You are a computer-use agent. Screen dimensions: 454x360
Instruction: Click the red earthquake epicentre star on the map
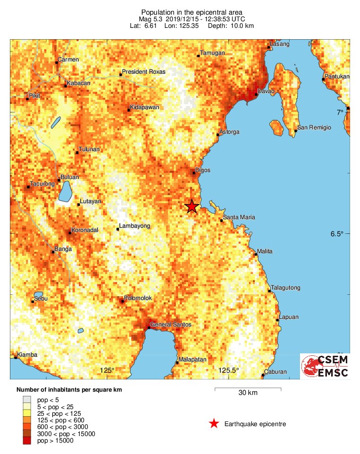191,206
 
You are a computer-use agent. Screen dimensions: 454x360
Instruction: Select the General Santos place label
171,325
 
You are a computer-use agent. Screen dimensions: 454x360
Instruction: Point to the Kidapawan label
145,107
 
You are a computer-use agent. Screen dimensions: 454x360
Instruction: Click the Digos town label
203,170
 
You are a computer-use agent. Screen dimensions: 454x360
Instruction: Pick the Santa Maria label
239,217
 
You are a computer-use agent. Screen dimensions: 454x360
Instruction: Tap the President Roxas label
144,72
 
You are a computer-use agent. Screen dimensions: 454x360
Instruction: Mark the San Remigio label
314,128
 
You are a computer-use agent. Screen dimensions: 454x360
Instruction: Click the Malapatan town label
193,360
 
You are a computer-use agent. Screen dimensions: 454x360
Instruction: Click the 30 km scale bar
248,389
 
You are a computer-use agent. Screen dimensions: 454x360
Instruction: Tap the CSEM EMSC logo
325,366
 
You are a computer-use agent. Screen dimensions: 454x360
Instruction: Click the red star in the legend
214,424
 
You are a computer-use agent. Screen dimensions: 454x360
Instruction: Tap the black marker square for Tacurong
28,187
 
